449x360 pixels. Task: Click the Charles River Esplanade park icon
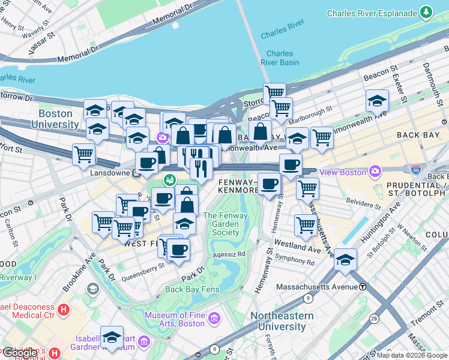(x=426, y=11)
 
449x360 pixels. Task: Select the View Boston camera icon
(x=375, y=172)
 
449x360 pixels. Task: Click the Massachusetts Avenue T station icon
(x=363, y=287)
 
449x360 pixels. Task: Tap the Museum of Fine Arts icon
(x=214, y=316)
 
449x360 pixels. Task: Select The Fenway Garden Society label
(x=221, y=224)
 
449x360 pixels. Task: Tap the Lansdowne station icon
(x=137, y=174)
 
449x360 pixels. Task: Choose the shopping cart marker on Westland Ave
(x=306, y=226)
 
